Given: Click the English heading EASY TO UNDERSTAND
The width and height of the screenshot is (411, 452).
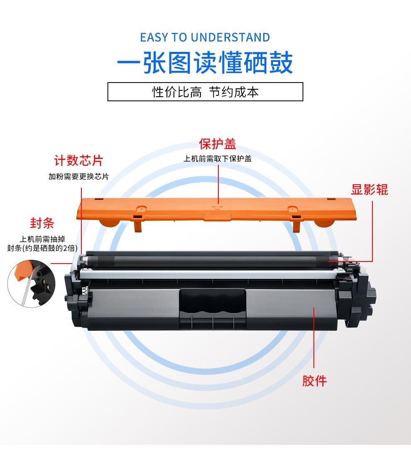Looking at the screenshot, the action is coord(205,37).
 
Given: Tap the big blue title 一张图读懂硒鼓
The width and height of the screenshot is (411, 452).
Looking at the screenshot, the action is coord(205,63).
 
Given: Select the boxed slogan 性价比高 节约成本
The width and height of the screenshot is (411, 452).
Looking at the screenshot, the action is coord(205,92).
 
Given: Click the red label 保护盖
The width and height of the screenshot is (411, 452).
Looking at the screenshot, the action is coord(218,144).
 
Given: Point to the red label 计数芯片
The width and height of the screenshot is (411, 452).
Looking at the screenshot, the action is coord(78,161).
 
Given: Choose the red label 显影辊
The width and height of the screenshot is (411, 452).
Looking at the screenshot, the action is coord(369,190).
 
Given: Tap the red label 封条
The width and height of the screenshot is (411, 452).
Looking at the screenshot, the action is coord(42,223).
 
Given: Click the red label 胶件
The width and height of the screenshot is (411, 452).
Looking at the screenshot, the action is coord(314,381).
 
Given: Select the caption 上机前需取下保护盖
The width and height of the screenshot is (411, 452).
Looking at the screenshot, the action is coord(218,159).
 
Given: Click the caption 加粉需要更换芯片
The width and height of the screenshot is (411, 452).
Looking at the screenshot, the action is coord(78,176).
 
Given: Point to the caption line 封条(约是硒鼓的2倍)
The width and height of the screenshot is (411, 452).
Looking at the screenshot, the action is coord(42,248).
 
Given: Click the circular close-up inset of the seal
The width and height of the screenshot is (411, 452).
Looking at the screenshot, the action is coord(32,283).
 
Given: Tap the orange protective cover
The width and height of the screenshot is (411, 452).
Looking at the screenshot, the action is coord(216,210).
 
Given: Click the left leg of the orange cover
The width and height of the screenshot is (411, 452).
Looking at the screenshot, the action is coord(138,225).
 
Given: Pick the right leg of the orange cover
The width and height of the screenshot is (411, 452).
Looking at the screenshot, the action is coord(296,225).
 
